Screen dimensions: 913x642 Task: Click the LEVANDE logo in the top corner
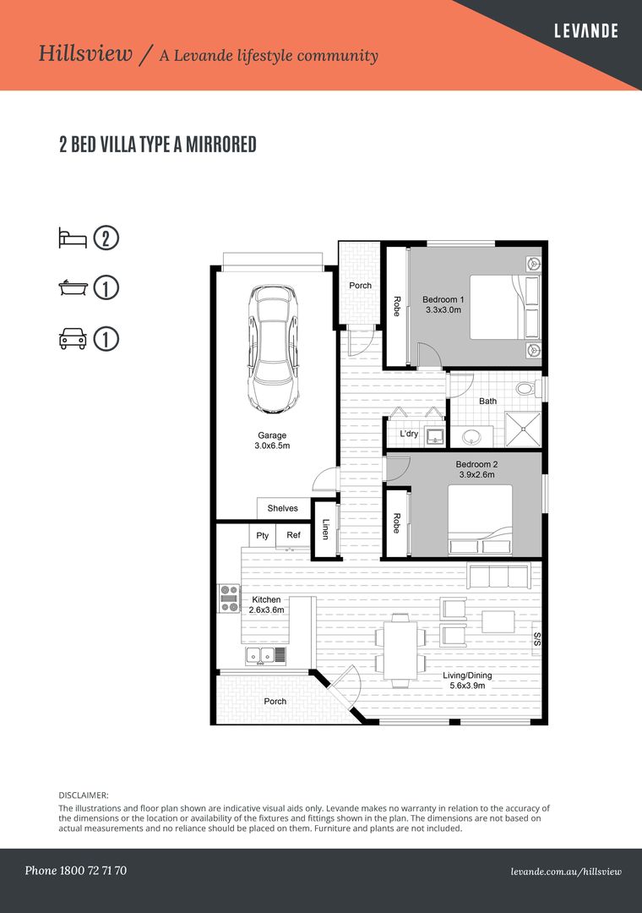[585, 31]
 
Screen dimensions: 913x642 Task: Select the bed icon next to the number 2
[73, 238]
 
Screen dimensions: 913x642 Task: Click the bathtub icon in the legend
[73, 288]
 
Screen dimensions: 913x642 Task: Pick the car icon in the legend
[73, 339]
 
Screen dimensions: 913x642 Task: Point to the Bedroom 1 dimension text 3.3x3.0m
[443, 310]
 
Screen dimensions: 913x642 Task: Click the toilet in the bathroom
[526, 390]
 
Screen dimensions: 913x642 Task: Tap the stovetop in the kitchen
[229, 599]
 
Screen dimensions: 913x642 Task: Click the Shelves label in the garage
[282, 508]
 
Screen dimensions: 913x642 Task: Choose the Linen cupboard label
[325, 529]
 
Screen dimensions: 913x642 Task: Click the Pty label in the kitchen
[263, 535]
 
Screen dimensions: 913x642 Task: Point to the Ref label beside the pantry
[293, 535]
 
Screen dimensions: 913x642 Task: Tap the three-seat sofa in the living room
[498, 577]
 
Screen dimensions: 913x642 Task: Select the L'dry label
[409, 435]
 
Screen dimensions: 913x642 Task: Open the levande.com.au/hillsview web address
[566, 871]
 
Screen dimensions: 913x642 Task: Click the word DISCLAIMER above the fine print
[84, 795]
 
